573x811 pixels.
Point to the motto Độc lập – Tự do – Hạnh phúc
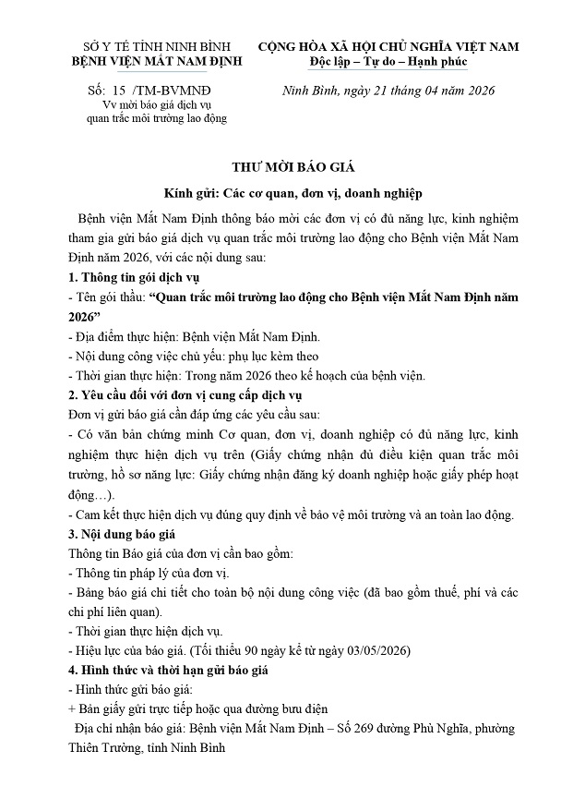click(388, 62)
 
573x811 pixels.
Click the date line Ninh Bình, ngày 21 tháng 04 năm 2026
click(388, 90)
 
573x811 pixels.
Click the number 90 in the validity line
click(232, 650)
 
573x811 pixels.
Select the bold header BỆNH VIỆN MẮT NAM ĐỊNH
click(156, 62)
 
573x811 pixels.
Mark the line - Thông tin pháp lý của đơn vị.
click(149, 573)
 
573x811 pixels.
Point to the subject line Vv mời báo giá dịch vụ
click(156, 106)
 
